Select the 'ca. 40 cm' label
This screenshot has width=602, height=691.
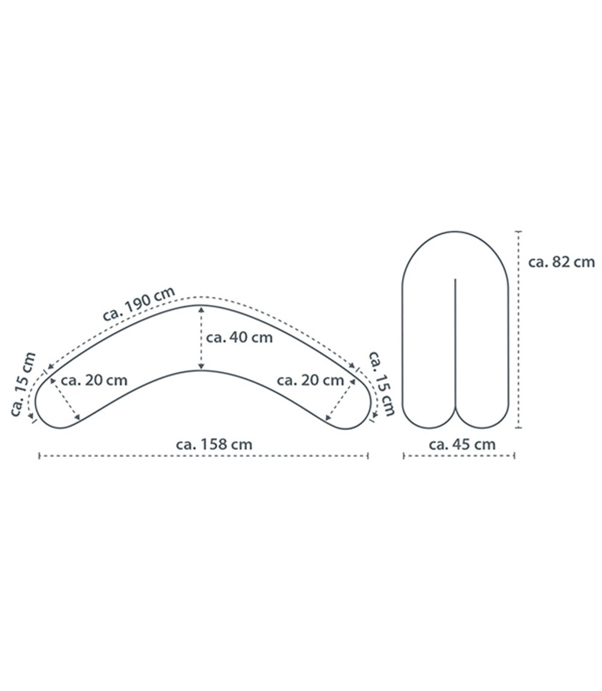239,337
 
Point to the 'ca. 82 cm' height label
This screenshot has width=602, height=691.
561,262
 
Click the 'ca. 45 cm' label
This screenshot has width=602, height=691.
462,445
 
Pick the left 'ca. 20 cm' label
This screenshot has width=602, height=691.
94,380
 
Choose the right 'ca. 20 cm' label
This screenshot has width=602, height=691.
310,380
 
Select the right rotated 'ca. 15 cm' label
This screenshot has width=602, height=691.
381,383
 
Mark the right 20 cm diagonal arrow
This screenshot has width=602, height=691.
339,400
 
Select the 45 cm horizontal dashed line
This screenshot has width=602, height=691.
459,456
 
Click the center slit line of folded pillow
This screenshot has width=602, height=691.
456,343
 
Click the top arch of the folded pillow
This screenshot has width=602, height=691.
456,231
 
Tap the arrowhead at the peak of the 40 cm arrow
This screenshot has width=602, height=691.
201,309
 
